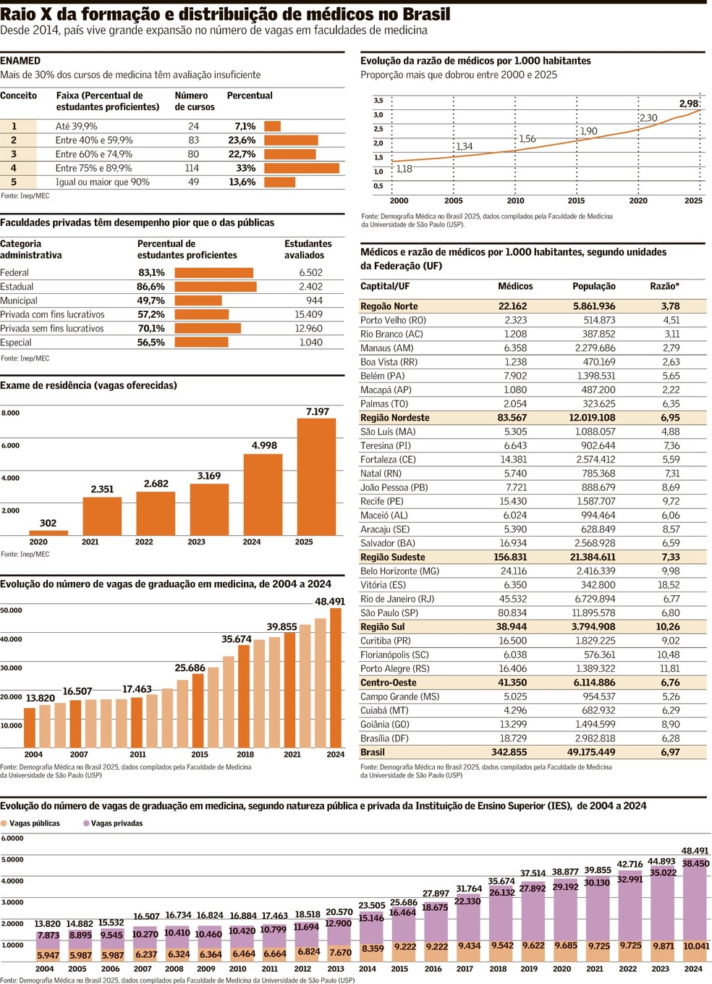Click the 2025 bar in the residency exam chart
pos(316,478)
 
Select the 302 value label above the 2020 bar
pos(48,523)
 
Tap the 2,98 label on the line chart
pos(689,104)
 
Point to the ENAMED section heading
pos(20,61)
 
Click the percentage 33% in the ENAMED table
pos(246,168)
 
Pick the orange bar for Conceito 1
pos(272,126)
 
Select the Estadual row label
pos(17,287)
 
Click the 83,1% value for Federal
pos(151,273)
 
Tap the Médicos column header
pos(515,286)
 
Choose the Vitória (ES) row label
pos(383,585)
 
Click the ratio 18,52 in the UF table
pos(669,585)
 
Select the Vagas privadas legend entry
pos(116,823)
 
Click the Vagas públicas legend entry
pos(34,823)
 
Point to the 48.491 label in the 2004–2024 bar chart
pos(330,602)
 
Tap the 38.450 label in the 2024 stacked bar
pos(695,863)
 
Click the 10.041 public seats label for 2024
pos(696,946)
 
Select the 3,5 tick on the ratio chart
pos(378,101)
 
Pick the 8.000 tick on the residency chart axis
pos(11,413)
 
